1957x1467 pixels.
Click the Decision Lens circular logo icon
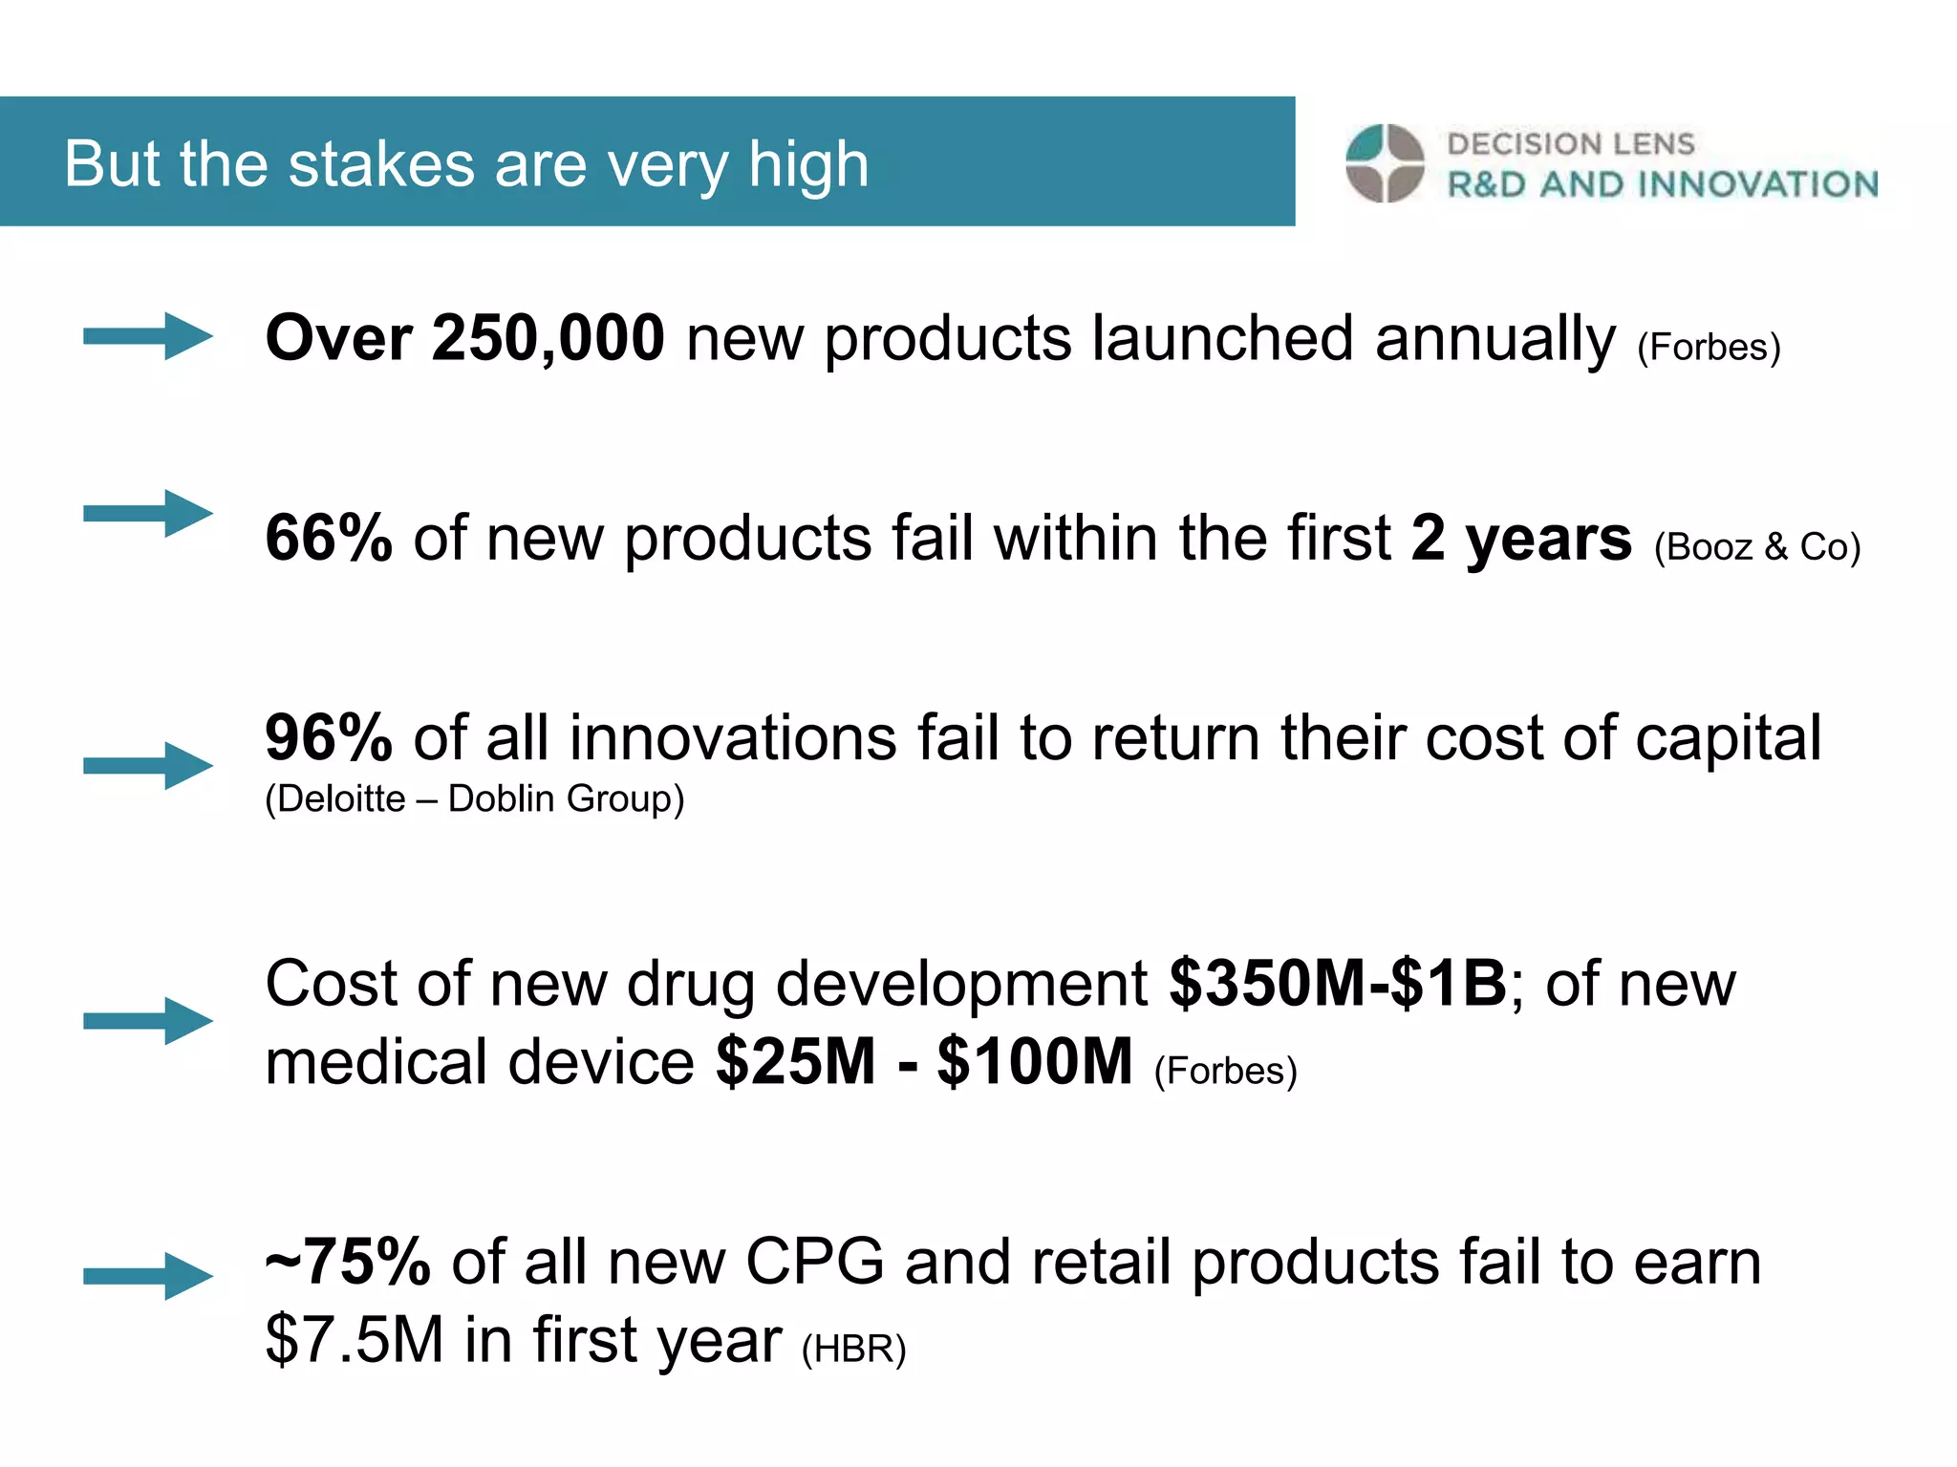1385,163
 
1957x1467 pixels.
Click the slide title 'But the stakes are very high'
466,163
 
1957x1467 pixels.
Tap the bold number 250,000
548,338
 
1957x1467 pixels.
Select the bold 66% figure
329,538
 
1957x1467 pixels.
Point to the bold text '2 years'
1521,538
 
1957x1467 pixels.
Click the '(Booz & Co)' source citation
1757,547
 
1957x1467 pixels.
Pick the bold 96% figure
329,738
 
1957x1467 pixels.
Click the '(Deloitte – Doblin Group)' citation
475,798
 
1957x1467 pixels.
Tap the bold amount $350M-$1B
1338,983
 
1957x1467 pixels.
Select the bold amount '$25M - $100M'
924,1062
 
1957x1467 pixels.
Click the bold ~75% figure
348,1262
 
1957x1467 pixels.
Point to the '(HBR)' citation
853,1349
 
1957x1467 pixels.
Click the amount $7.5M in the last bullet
355,1340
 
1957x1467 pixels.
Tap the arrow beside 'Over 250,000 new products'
148,336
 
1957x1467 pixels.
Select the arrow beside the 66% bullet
148,514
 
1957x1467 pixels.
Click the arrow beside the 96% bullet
148,765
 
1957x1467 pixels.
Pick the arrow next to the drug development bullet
148,1021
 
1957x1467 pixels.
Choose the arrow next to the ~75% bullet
148,1276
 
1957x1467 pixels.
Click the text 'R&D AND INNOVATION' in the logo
1663,184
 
